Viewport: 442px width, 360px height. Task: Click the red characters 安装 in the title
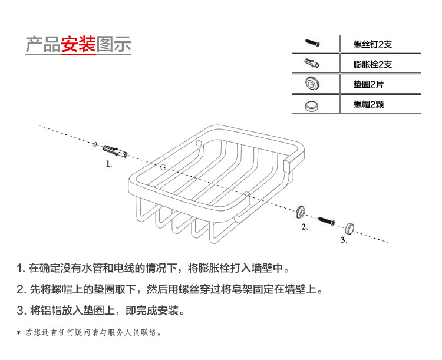click(x=78, y=45)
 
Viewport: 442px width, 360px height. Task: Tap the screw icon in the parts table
click(x=313, y=43)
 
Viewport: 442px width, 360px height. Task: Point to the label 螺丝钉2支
click(x=372, y=44)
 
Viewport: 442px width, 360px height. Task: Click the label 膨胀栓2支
click(x=372, y=64)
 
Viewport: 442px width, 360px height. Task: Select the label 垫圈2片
click(x=368, y=85)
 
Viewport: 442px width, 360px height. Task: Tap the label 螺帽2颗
click(x=369, y=105)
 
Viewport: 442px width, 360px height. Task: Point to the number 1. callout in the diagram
click(x=109, y=164)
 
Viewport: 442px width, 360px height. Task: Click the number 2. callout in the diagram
click(x=305, y=227)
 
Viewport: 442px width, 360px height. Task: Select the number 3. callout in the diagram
click(x=344, y=240)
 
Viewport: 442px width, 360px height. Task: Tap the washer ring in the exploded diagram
click(x=302, y=210)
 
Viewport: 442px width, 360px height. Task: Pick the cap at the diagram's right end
click(x=351, y=227)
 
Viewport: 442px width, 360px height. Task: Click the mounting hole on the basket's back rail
click(x=199, y=143)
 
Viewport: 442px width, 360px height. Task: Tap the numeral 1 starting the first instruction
click(x=20, y=269)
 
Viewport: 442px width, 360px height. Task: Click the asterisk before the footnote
click(x=19, y=333)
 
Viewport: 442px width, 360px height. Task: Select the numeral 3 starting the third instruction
click(x=20, y=311)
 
